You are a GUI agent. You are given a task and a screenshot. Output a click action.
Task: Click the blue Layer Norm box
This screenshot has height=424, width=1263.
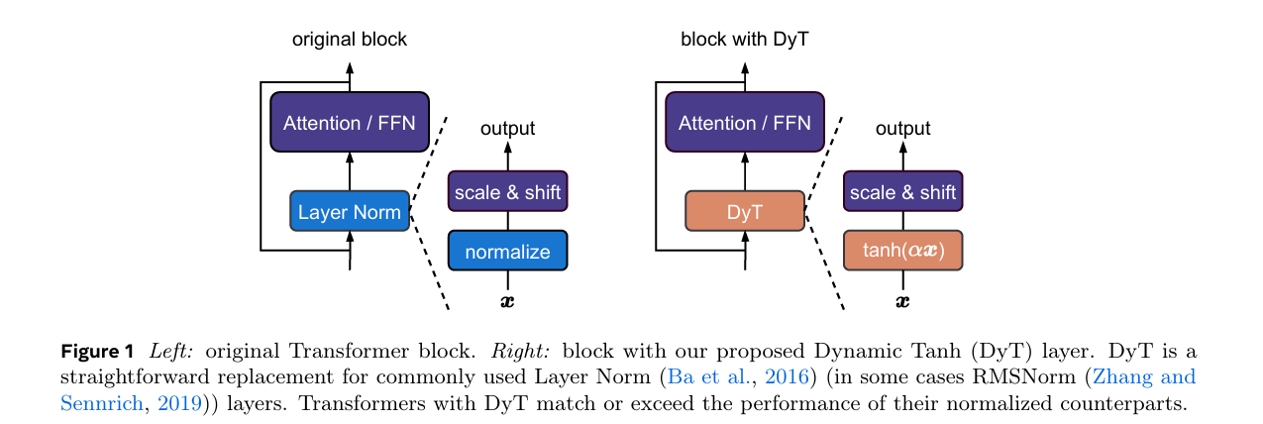(x=349, y=211)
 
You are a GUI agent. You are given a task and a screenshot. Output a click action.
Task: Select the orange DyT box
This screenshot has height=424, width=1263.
(x=744, y=211)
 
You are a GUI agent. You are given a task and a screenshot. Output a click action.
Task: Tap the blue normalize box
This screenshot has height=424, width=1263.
(x=507, y=251)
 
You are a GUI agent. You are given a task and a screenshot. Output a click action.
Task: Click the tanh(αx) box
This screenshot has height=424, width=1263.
(x=902, y=251)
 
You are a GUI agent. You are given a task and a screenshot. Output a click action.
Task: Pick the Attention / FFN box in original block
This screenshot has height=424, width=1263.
(x=349, y=123)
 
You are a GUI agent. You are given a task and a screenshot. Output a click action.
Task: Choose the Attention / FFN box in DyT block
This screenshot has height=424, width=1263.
(x=744, y=123)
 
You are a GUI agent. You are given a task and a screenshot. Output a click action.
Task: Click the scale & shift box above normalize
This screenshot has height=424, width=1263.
(x=507, y=191)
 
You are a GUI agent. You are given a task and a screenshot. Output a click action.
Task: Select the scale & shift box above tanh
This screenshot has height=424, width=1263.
(x=902, y=191)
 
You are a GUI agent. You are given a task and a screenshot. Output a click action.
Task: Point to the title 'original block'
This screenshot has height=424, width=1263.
(x=349, y=40)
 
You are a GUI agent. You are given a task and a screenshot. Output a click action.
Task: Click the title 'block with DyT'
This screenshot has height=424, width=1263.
(x=744, y=40)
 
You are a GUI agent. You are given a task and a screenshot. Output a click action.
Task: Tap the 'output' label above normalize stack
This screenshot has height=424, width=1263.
(x=507, y=129)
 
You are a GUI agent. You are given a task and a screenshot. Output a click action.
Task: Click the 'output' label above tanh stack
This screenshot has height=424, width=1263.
(x=902, y=129)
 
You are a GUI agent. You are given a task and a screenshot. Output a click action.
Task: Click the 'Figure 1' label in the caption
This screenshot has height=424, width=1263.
(x=97, y=352)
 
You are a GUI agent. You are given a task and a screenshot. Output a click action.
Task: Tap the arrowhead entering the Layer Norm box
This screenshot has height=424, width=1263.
(x=349, y=236)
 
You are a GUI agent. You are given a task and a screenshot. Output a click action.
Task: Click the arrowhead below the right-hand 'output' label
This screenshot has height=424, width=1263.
(x=902, y=147)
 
